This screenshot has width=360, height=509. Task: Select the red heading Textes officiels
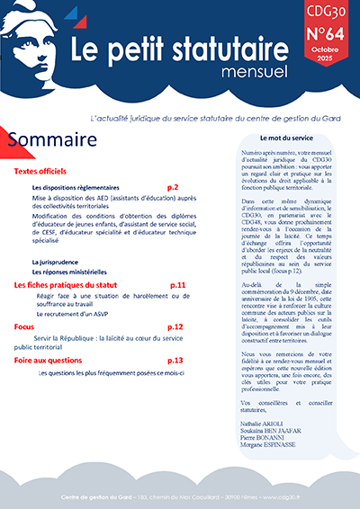47,171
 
